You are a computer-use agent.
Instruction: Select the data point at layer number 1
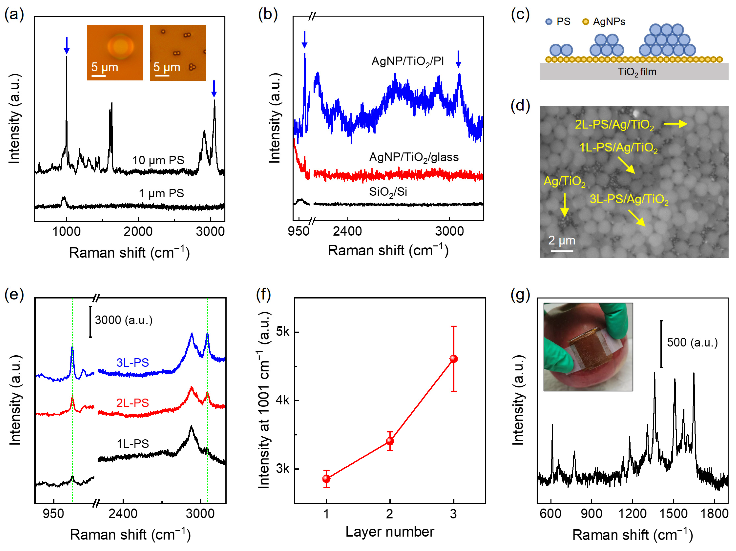[x=326, y=479]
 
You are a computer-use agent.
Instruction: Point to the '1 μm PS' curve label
[x=161, y=193]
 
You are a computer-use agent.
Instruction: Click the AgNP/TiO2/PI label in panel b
[x=408, y=62]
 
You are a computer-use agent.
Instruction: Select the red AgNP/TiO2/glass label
[x=414, y=157]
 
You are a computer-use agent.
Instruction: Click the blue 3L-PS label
[x=132, y=362]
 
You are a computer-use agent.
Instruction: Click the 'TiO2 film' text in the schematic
[x=637, y=72]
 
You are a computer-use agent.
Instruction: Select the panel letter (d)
[x=520, y=106]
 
